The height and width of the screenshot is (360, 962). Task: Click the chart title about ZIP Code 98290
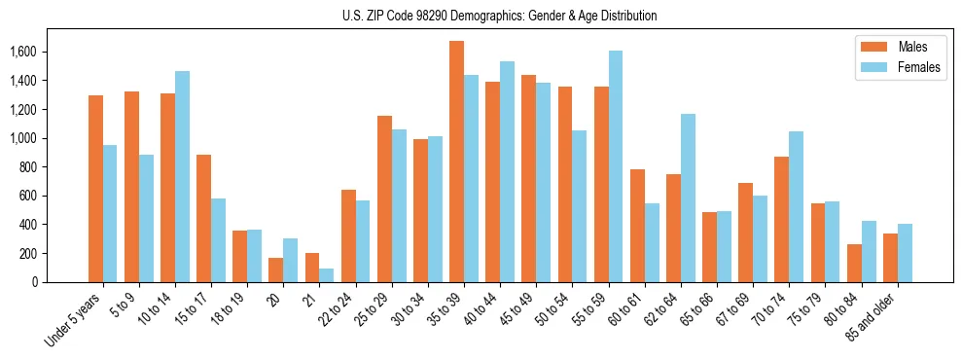pos(500,16)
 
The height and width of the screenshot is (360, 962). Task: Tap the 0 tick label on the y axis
pos(34,282)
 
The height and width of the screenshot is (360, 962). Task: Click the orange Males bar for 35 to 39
pos(456,162)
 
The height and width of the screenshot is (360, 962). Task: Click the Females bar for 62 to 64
pos(688,198)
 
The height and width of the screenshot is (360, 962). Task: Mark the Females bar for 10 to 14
pos(182,176)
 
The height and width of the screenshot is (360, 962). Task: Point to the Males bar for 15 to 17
pos(203,218)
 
